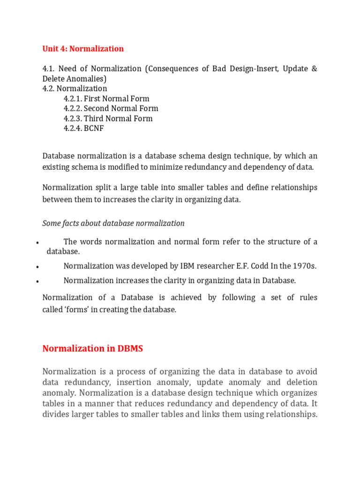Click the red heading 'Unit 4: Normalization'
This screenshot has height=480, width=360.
(83, 49)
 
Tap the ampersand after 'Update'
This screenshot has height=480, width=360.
(314, 69)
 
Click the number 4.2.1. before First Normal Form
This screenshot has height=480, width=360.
(73, 99)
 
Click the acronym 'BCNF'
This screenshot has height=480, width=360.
(94, 128)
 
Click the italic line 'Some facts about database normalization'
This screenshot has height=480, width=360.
(113, 223)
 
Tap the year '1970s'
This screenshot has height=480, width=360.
(304, 266)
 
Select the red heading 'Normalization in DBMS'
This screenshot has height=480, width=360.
(93, 348)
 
